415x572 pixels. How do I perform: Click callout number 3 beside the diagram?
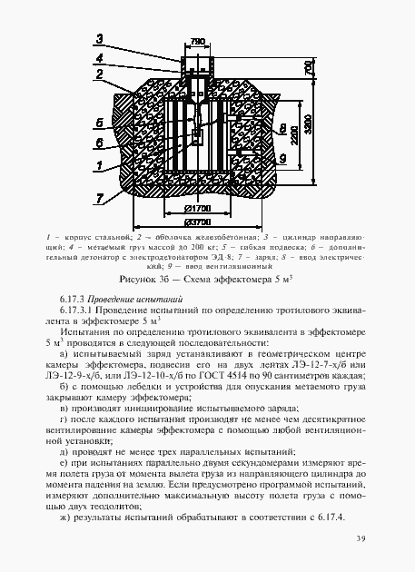click(x=101, y=40)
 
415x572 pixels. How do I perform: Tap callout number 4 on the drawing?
click(x=101, y=58)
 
